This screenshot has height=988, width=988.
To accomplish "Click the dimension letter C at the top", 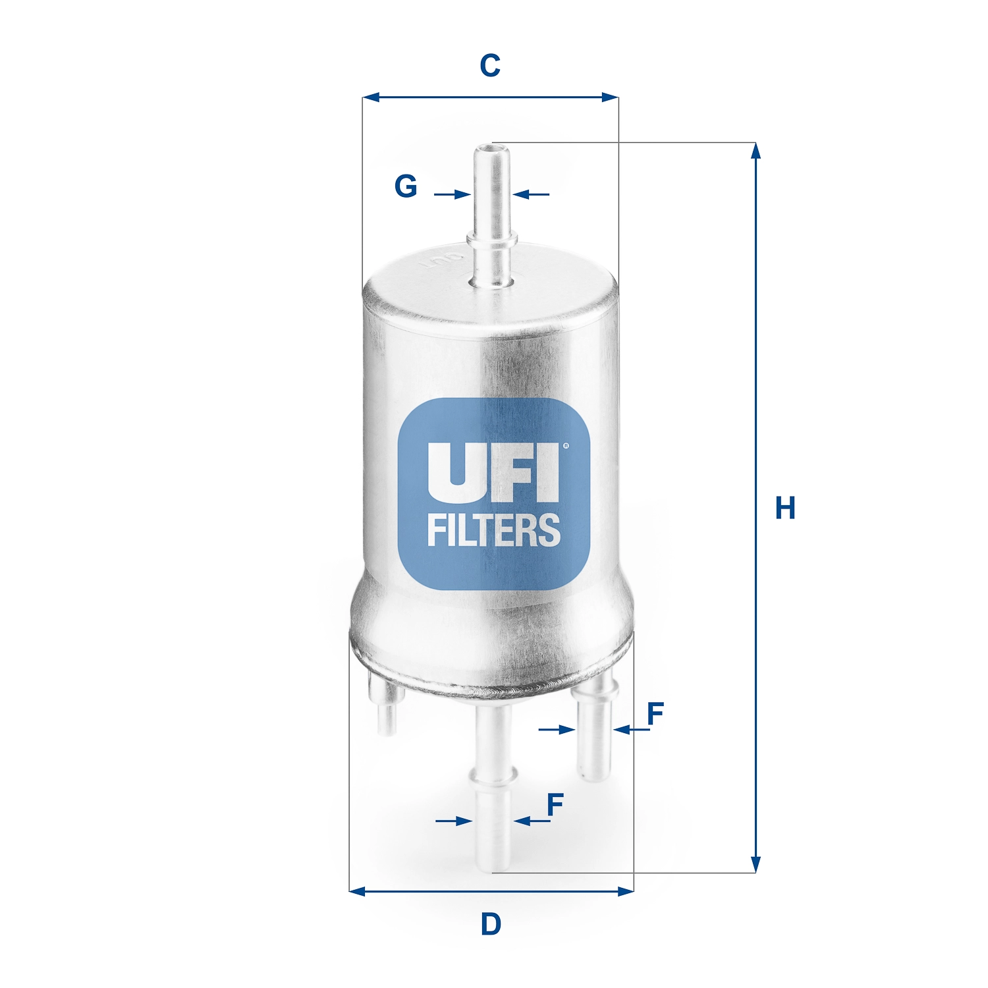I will (490, 66).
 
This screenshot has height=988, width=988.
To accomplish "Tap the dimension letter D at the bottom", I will (491, 924).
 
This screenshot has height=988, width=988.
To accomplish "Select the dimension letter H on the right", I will (785, 508).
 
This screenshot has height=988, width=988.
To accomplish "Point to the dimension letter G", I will (406, 186).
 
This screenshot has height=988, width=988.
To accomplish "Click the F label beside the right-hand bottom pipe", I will (655, 713).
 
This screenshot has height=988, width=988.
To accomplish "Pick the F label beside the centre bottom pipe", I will (555, 804).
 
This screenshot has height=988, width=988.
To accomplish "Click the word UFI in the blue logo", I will (493, 472).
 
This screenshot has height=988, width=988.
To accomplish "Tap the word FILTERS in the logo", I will (494, 531).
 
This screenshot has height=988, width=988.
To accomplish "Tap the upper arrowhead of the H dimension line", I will (755, 150).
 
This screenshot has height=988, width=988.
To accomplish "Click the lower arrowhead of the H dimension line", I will (755, 865).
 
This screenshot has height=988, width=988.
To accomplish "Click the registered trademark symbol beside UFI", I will (566, 446).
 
